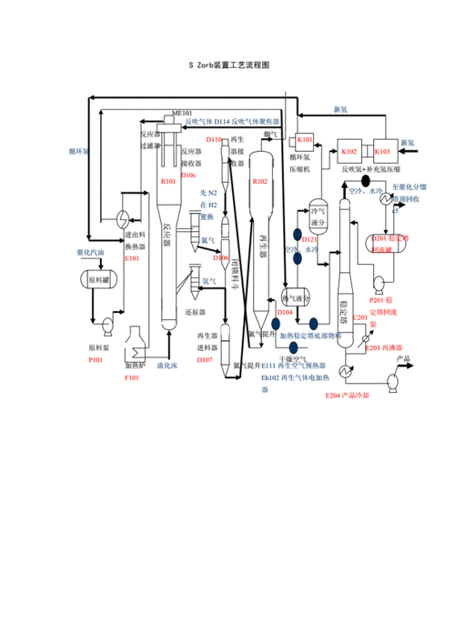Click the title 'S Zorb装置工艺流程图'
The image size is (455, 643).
[x=227, y=65]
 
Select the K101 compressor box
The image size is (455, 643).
[x=305, y=140]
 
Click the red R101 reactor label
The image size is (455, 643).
[x=168, y=182]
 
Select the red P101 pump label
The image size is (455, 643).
[x=95, y=361]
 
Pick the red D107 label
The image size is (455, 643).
[x=205, y=360]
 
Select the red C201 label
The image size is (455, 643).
[x=359, y=316]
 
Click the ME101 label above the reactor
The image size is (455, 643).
[x=181, y=113]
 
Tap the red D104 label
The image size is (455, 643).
[x=285, y=312]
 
